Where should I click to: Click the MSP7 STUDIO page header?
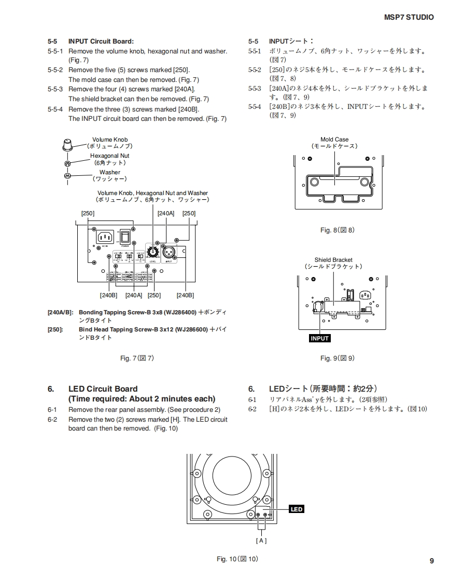click(x=409, y=17)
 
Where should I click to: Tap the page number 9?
click(x=431, y=560)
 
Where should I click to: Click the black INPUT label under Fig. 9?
click(x=319, y=338)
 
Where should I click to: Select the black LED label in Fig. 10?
click(x=296, y=509)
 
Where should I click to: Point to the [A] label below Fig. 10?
click(x=261, y=541)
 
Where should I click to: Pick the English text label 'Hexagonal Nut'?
click(x=109, y=156)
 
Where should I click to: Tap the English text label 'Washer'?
click(x=109, y=172)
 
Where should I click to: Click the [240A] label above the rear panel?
click(x=166, y=213)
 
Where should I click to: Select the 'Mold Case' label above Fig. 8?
click(x=334, y=140)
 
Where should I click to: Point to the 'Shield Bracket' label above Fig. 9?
click(x=333, y=260)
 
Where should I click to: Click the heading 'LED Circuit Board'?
click(x=103, y=389)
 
